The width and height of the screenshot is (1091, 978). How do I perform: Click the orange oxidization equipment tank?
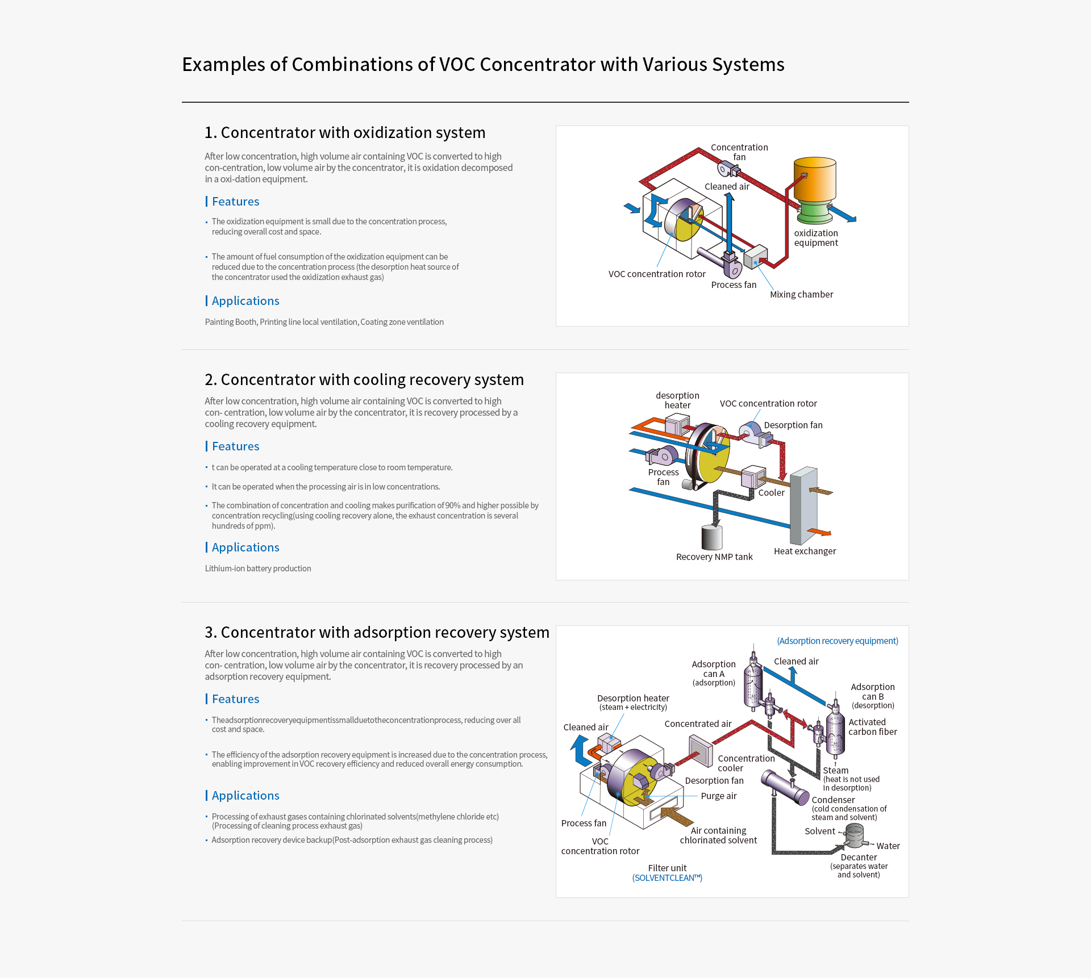coord(814,180)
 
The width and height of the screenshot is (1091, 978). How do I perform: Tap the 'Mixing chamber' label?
coord(801,294)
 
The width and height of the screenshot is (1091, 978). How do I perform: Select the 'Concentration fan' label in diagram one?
coord(739,152)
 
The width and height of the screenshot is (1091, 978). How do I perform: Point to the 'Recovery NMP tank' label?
coord(714,557)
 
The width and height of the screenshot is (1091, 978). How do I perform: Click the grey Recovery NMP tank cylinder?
coord(711,537)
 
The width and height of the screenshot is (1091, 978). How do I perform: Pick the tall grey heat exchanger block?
coord(803,505)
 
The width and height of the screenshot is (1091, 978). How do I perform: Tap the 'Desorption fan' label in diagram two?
coord(793,425)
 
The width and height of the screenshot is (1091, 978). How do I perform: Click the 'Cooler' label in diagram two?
coord(771,492)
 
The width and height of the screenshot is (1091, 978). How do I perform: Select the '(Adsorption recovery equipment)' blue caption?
coord(837,641)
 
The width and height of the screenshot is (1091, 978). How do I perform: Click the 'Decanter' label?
coord(858,857)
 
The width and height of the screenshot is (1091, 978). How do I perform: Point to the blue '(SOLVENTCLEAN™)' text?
coord(667,877)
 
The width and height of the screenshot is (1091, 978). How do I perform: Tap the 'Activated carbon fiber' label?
coord(872,727)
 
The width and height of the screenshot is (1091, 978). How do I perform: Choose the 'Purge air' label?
coord(718,796)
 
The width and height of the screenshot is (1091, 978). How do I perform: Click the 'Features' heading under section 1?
coord(235,202)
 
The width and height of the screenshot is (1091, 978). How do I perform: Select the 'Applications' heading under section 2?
coord(245,547)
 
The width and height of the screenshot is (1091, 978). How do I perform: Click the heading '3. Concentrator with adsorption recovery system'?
coord(377,632)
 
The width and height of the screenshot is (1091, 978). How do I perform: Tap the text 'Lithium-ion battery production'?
coord(258,569)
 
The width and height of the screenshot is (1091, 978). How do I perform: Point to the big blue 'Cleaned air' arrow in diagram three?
coord(580,750)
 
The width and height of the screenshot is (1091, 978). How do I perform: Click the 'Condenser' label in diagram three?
coord(832,800)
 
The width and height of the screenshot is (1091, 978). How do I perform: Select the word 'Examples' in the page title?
coord(223,64)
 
